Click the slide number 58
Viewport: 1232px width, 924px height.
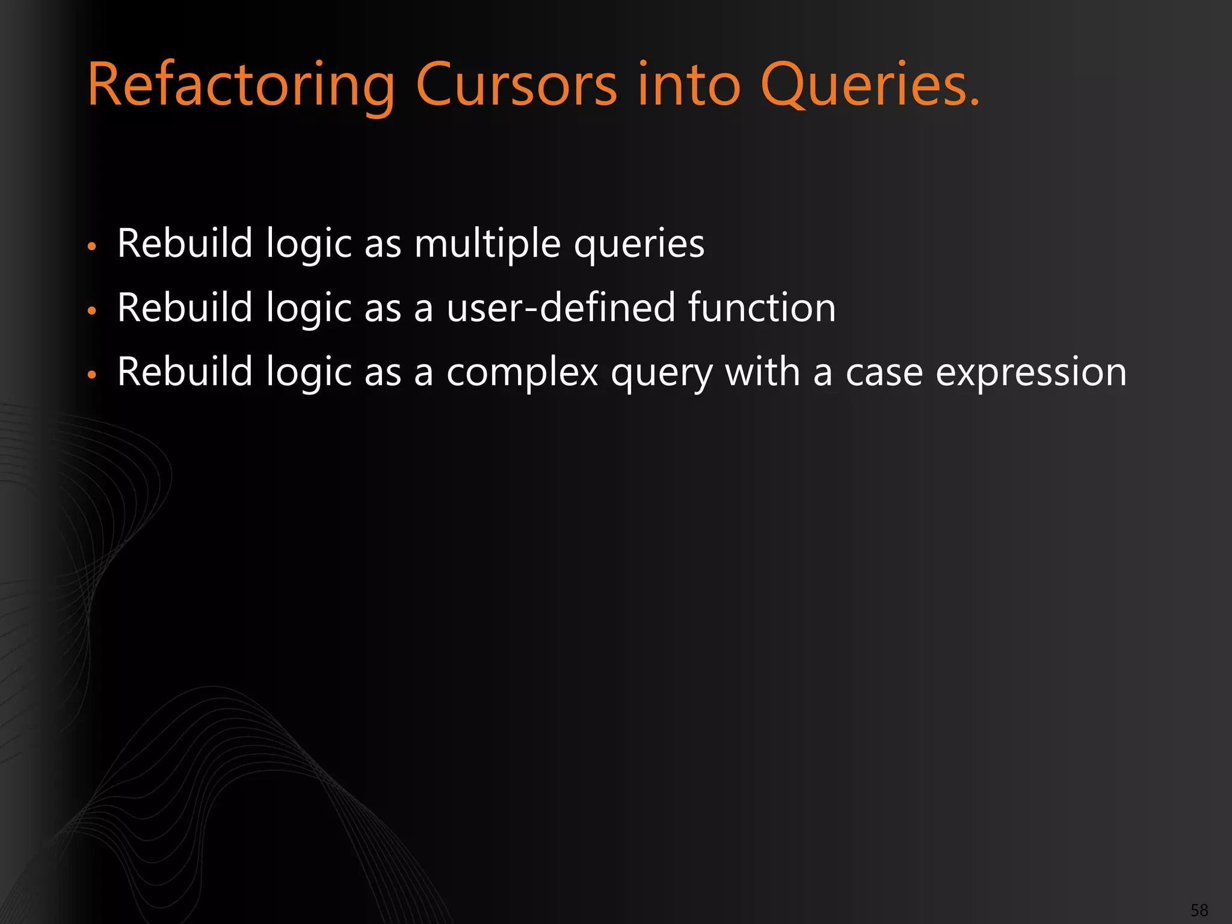[1199, 910]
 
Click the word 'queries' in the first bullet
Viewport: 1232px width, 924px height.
[639, 245]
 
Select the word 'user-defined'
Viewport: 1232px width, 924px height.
[561, 307]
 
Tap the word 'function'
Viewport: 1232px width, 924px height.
[762, 307]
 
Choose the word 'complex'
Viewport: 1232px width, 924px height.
[522, 372]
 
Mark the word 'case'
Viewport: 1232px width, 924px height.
[884, 372]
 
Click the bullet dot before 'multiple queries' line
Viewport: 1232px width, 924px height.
[91, 247]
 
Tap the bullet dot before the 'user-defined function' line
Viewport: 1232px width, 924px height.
[91, 311]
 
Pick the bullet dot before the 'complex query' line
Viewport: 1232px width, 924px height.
[91, 375]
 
